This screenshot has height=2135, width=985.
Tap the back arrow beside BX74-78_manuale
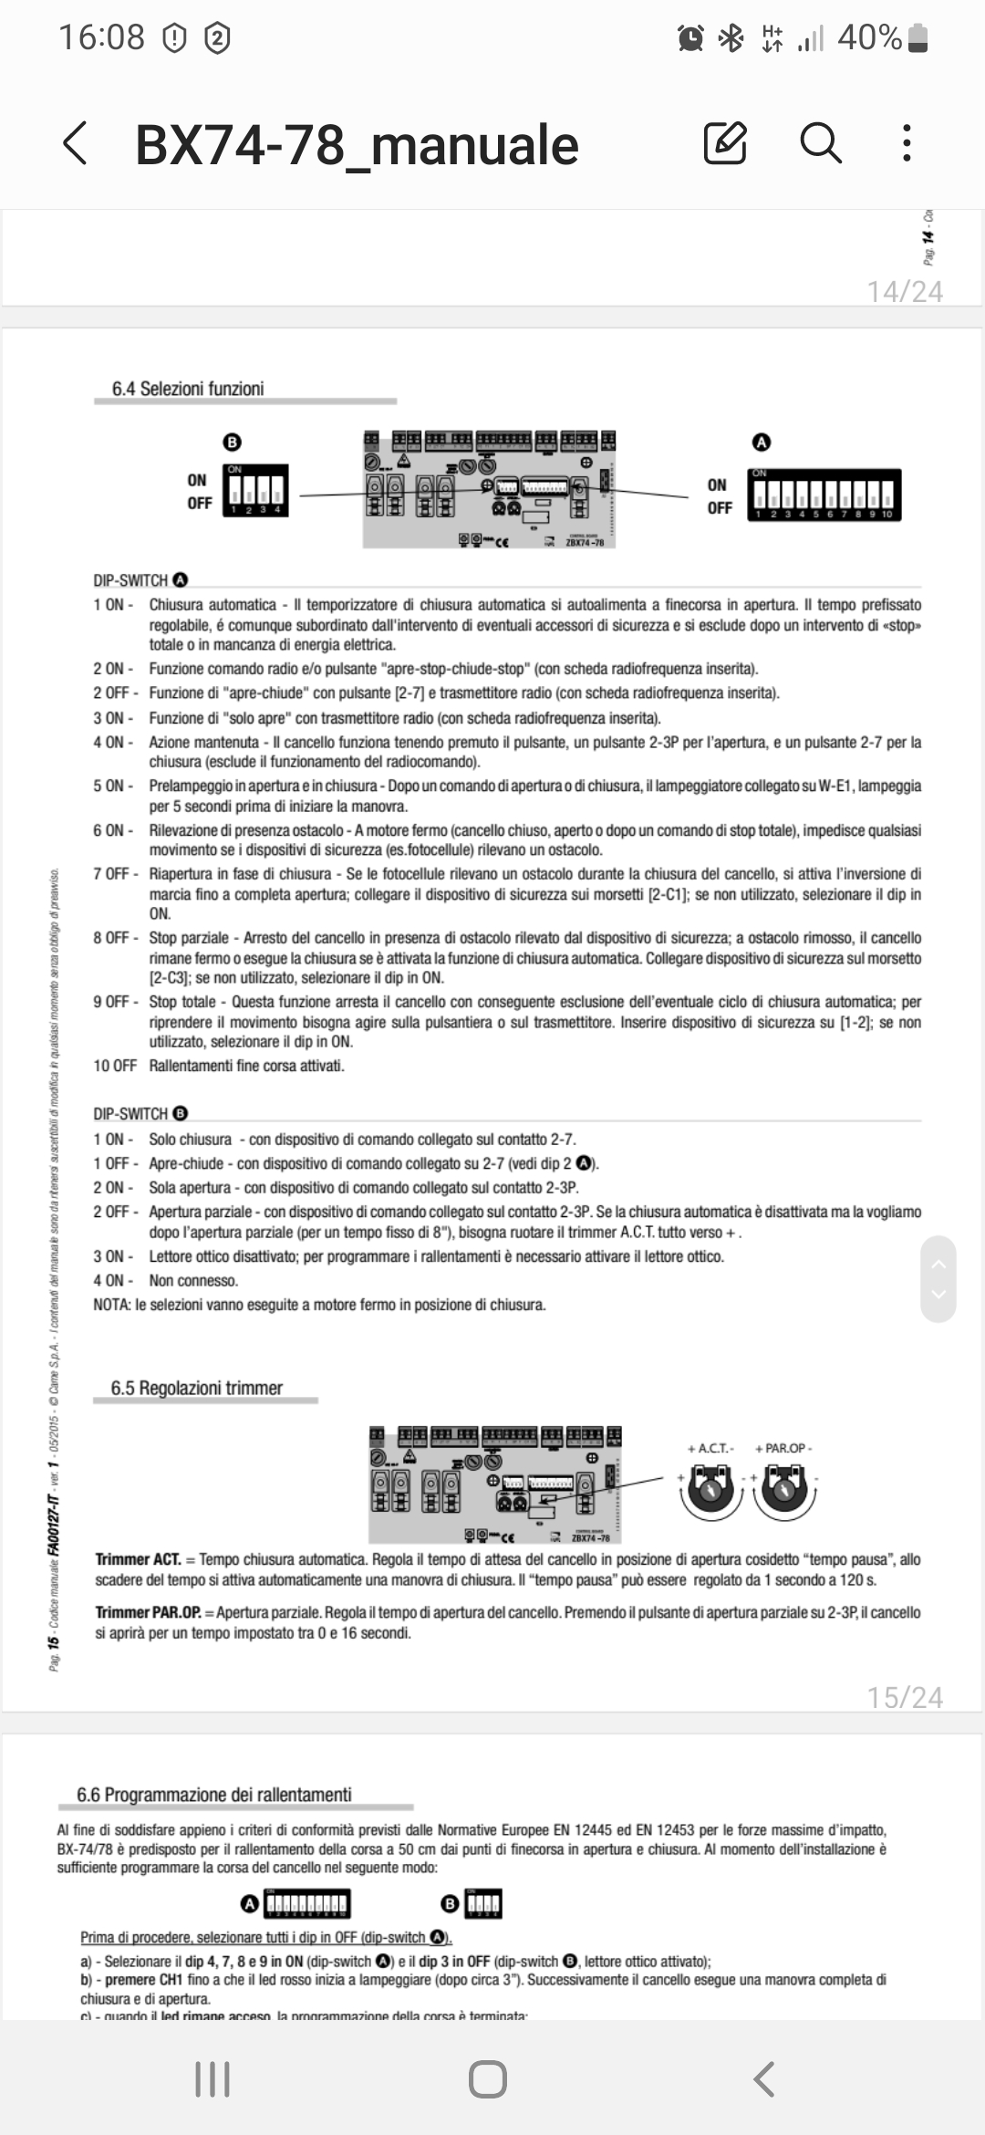pos(75,144)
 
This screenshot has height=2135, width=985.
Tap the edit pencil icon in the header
pos(725,143)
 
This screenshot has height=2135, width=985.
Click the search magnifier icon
pos(820,143)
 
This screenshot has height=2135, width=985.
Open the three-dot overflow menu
pos(906,143)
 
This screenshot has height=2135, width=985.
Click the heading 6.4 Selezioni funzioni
pos(188,389)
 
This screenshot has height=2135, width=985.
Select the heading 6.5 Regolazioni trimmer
pos(197,1388)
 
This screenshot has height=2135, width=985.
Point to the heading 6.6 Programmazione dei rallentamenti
pos(214,1795)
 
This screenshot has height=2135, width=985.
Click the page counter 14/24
pos(905,291)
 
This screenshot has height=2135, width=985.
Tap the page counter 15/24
pos(905,1697)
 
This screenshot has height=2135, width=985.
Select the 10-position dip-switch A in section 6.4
pos(824,495)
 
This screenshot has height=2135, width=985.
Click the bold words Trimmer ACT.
pos(138,1559)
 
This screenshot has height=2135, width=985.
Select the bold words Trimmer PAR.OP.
pos(148,1612)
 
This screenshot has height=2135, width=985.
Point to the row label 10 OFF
pos(115,1066)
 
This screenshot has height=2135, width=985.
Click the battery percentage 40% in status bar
pos(869,37)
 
